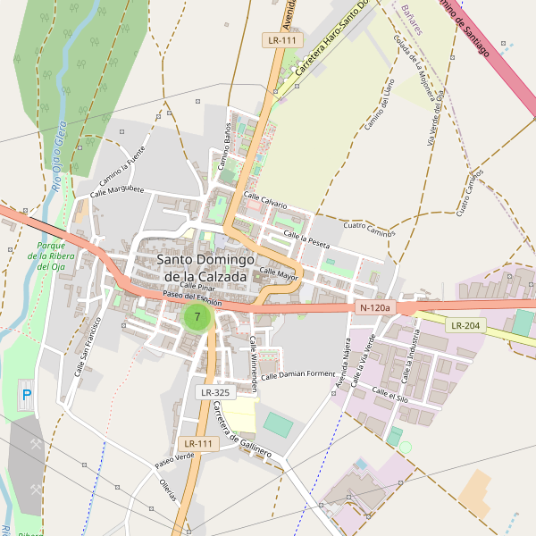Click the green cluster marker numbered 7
197,316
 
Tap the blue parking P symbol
26,394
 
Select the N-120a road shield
373,307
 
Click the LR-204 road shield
466,325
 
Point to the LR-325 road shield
215,392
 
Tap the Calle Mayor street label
278,272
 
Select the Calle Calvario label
266,201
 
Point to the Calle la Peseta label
306,238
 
